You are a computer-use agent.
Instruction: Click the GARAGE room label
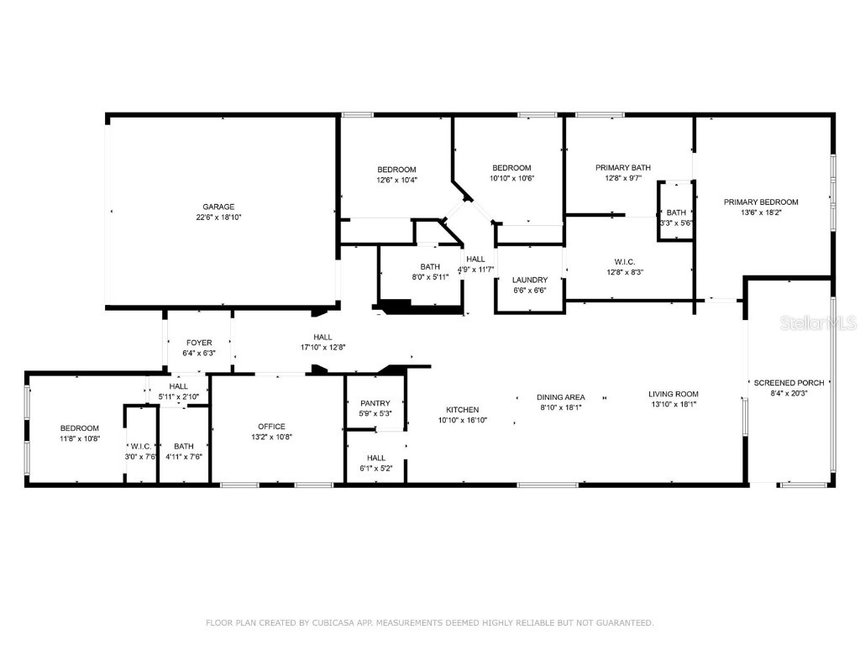click(x=218, y=207)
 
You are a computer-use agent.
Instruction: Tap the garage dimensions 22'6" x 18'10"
click(x=218, y=218)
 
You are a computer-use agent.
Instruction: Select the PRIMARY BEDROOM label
click(x=762, y=202)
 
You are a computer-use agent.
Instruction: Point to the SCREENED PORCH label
click(x=789, y=383)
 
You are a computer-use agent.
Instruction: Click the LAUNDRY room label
click(x=530, y=280)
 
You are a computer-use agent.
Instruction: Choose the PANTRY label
click(x=375, y=403)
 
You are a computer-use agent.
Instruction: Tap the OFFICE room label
click(x=271, y=427)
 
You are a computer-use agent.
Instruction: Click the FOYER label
click(x=198, y=343)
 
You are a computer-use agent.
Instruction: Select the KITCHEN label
click(x=463, y=410)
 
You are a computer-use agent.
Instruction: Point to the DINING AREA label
click(x=562, y=397)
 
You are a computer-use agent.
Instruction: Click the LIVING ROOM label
click(x=674, y=394)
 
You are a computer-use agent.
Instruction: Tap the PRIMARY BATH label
click(x=623, y=168)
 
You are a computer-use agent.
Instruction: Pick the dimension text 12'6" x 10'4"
click(x=396, y=180)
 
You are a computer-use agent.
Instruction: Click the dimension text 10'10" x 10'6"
click(x=511, y=178)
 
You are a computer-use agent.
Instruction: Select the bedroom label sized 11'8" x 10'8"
click(x=79, y=428)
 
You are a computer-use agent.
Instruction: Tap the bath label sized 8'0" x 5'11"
click(x=430, y=267)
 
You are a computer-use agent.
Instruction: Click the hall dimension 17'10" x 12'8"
click(x=323, y=347)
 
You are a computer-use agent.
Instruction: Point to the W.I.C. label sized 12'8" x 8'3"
click(x=624, y=261)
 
